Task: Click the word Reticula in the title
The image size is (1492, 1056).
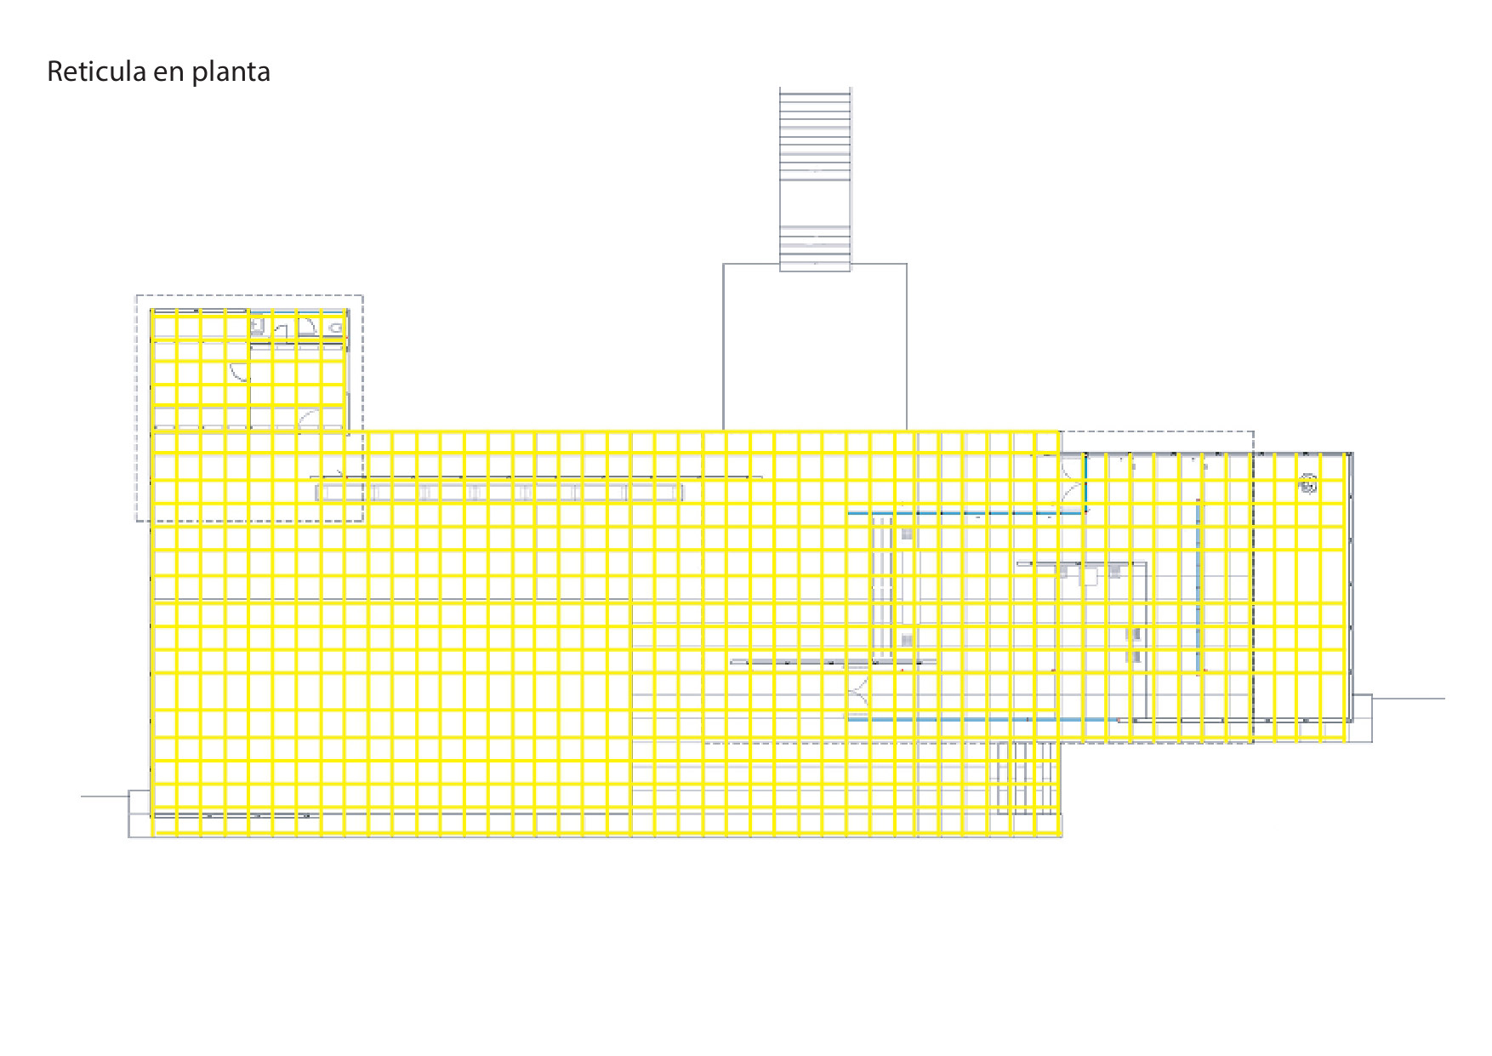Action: point(96,71)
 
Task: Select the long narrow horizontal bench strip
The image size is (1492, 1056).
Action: point(499,492)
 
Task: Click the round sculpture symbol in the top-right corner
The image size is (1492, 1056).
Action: point(1307,486)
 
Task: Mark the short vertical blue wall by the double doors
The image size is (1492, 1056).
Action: point(1085,482)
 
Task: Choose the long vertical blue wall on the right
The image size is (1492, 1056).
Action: point(1199,587)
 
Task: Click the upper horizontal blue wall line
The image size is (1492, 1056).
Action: point(965,513)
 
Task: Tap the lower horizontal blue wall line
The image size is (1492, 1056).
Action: point(965,719)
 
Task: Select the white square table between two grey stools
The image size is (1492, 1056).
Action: point(1089,577)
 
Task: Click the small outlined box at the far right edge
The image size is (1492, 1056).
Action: point(1361,718)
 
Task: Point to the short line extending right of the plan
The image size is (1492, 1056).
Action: point(1408,699)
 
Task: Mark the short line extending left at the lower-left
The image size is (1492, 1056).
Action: point(104,796)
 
